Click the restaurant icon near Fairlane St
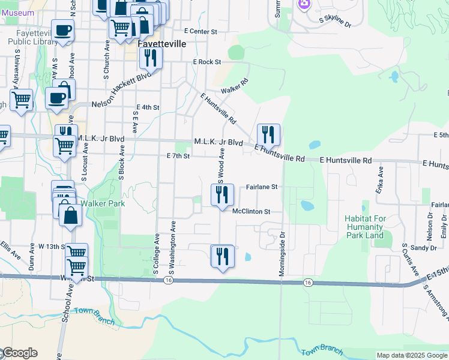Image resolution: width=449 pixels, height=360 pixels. pyautogui.click(x=222, y=194)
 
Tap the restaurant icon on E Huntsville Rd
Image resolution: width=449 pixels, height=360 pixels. pyautogui.click(x=268, y=134)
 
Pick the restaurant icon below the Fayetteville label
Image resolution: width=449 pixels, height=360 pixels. pyautogui.click(x=151, y=58)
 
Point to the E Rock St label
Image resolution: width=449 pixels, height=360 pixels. pyautogui.click(x=207, y=62)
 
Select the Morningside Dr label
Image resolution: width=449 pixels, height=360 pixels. pyautogui.click(x=281, y=251)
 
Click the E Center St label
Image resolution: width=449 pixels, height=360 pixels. pyautogui.click(x=200, y=30)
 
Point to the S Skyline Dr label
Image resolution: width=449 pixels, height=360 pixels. pyautogui.click(x=335, y=22)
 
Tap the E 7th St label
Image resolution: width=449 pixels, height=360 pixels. pyautogui.click(x=178, y=156)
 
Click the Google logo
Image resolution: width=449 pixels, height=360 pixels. pyautogui.click(x=19, y=353)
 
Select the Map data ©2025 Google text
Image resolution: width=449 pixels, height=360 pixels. pyautogui.click(x=411, y=355)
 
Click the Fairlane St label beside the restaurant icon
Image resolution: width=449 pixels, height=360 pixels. pyautogui.click(x=262, y=187)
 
